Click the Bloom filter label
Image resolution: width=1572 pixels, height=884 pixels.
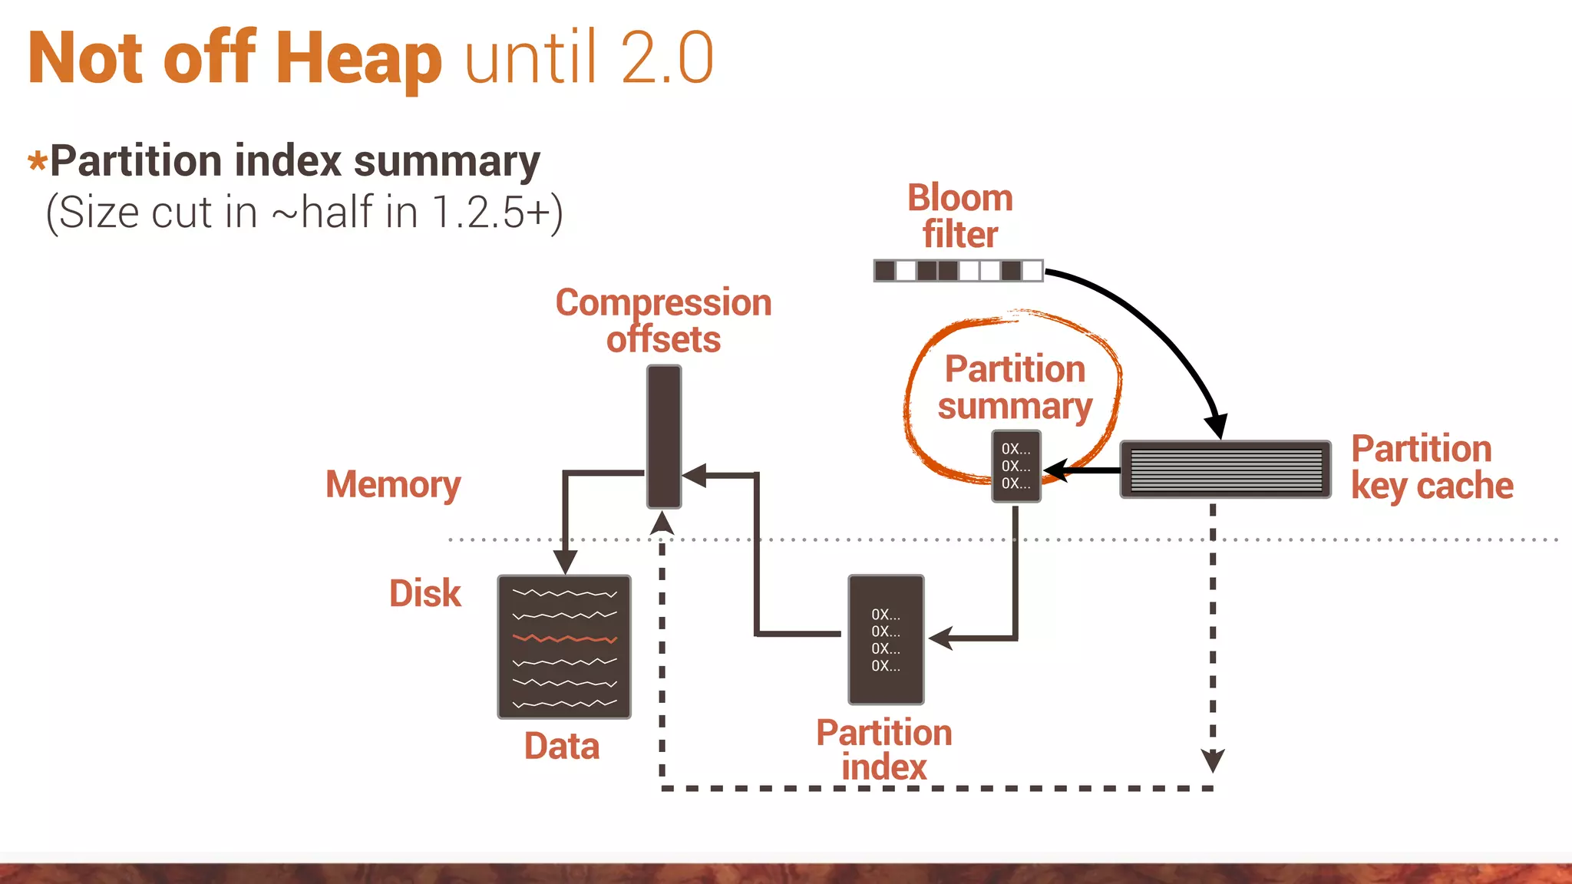[959, 216]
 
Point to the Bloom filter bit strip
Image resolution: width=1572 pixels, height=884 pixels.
[958, 270]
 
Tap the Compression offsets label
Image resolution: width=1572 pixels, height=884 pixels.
[663, 321]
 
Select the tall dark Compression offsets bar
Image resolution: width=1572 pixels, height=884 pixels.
[663, 436]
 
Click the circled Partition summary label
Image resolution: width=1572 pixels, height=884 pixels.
[1014, 388]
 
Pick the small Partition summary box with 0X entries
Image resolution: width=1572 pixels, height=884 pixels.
[1016, 466]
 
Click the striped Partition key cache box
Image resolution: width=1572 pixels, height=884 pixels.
[1225, 469]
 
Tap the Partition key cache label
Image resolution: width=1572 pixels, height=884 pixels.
[1431, 467]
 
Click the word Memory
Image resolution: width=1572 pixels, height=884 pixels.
[393, 485]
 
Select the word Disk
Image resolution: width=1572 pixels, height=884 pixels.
[424, 593]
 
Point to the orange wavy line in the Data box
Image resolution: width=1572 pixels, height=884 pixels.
[564, 638]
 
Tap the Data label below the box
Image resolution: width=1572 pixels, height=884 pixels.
[561, 746]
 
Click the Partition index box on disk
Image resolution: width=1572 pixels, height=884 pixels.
[885, 639]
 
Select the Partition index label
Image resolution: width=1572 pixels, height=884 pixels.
[883, 750]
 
